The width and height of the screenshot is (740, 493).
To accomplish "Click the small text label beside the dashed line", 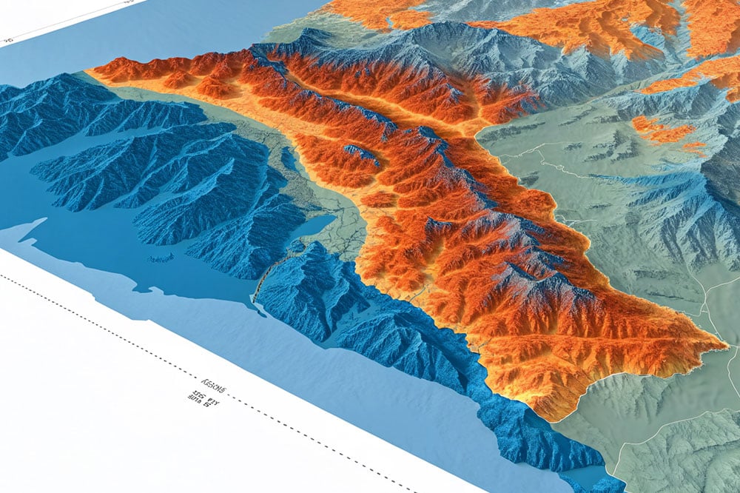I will click(x=210, y=392).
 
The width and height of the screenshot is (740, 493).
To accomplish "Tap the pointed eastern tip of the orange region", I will click(x=725, y=343).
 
